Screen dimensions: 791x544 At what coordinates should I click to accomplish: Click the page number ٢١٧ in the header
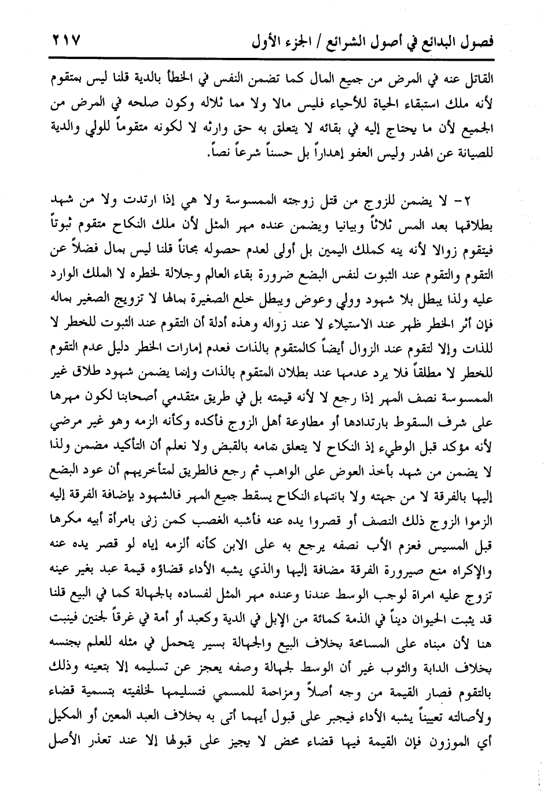point(63,41)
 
